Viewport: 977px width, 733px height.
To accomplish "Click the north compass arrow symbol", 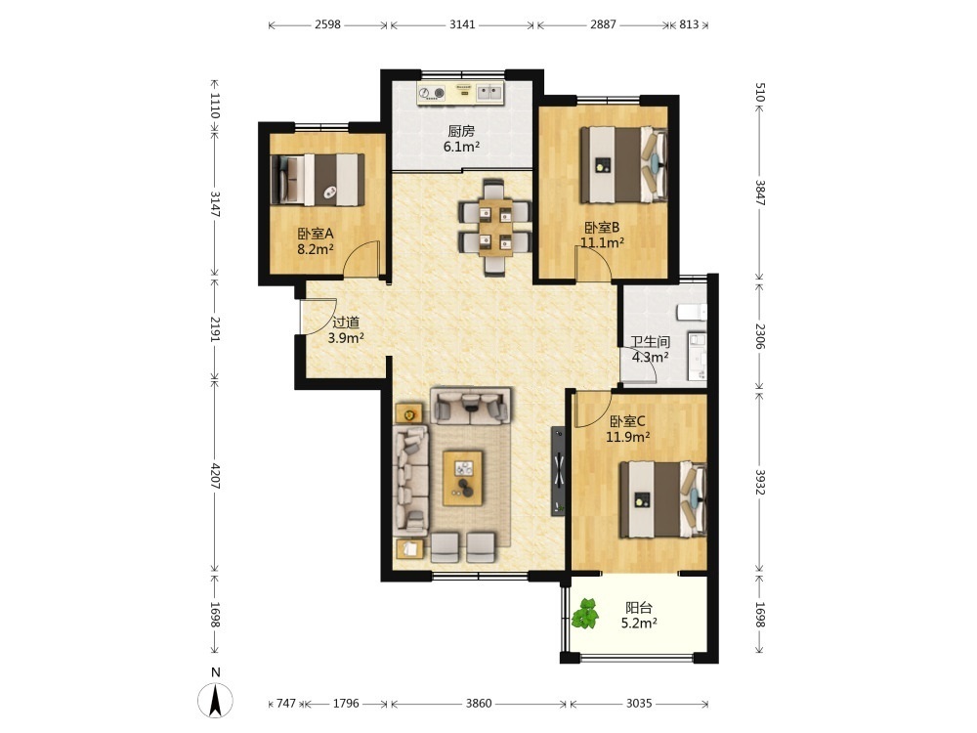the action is pos(216,700).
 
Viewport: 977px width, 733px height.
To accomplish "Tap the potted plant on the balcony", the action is pos(585,613).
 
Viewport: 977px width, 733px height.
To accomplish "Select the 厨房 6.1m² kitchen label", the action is pos(461,139).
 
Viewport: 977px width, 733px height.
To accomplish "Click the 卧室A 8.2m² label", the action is pos(316,241).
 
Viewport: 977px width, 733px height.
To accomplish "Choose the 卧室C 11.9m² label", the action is pos(628,429).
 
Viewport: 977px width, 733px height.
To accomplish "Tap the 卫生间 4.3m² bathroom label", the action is pos(651,350).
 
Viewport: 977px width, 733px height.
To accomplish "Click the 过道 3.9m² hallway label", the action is pos(346,330).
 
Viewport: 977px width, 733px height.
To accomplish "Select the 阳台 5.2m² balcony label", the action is pos(639,615).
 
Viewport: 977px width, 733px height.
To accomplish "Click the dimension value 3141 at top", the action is pos(462,24).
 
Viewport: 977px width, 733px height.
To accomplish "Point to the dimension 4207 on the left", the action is pos(215,476).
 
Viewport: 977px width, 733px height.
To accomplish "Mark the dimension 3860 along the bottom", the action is pos(479,704).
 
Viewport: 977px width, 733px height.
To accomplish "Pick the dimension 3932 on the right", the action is pos(760,483).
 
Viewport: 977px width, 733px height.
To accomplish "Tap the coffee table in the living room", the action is pos(463,479).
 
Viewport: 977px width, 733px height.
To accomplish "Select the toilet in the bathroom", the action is pos(693,312).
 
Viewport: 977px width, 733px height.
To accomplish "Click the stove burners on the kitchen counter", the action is pos(431,94).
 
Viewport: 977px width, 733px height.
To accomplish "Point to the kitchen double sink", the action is pos(489,94).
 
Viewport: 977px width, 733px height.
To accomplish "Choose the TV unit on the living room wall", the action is pos(558,471).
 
